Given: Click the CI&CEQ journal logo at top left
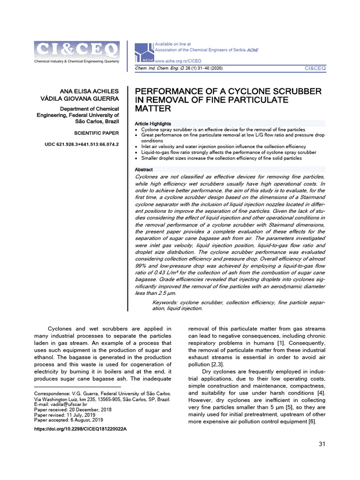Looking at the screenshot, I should click(x=76, y=49).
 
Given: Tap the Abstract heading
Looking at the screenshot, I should click(x=144, y=170).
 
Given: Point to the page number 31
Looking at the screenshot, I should click(x=322, y=444).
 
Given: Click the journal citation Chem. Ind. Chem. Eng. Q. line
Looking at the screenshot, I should click(x=171, y=68).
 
